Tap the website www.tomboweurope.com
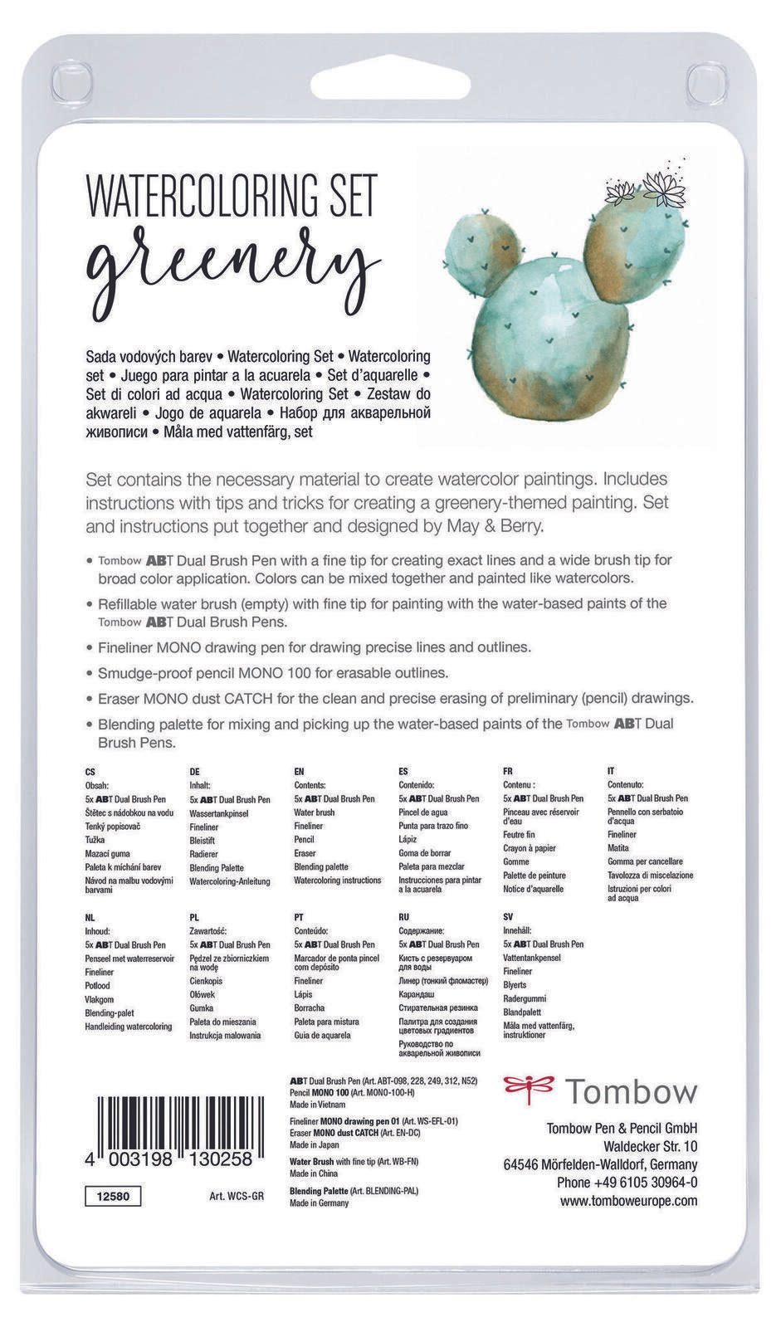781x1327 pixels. coord(628,1201)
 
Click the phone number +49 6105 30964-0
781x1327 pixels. coord(627,1183)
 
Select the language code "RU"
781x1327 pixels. coord(403,917)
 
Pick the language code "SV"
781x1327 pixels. coord(508,917)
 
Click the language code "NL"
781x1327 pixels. coord(90,918)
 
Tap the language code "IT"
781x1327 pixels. coord(611,771)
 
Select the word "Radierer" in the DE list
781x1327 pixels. coord(204,854)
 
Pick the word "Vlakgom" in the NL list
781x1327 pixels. coord(100,999)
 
